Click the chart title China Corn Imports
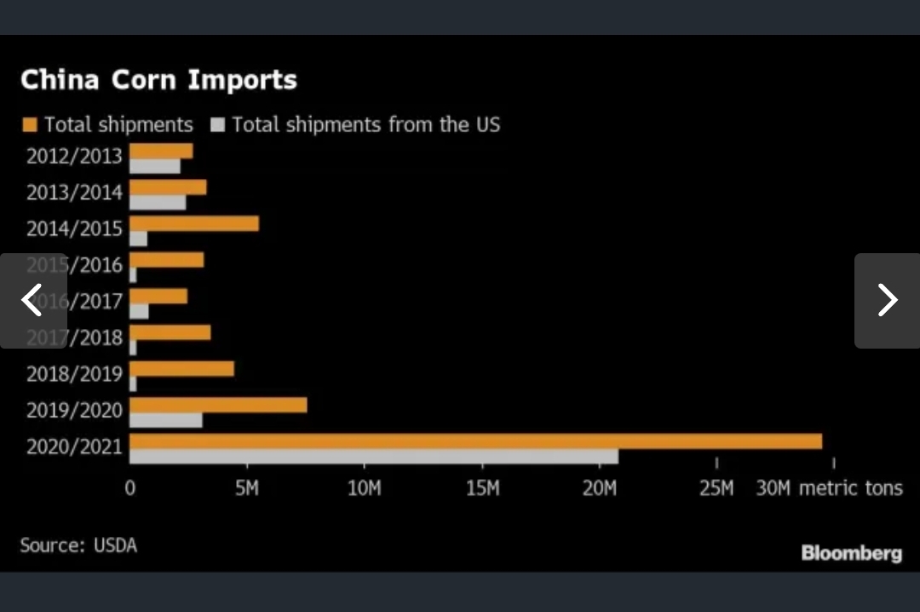coord(158,80)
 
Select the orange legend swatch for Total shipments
coord(30,125)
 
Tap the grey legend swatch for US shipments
coord(217,125)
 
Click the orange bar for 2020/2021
coord(475,441)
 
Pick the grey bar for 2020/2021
coord(374,456)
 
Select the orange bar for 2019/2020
coord(218,405)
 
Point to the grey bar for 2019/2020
coord(166,419)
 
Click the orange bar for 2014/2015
coord(194,223)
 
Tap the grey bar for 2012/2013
coord(155,166)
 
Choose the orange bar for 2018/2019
coord(181,368)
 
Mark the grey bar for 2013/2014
coord(158,202)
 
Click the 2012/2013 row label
coord(74,157)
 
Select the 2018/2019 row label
coord(74,374)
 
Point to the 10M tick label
coord(365,488)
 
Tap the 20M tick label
coord(600,488)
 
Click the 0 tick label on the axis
coord(129,488)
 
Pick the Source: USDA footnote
coord(78,545)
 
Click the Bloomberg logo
coord(851,553)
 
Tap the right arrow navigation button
coord(887,300)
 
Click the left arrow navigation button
coord(32,300)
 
